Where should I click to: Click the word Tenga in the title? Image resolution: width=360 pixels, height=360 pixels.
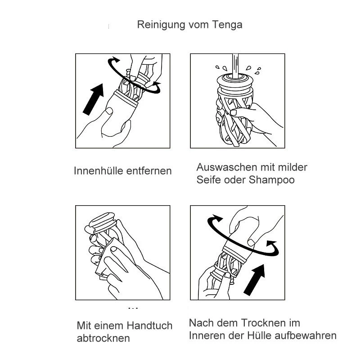(x=227, y=25)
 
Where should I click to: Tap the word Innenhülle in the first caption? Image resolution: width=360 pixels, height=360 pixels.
(x=99, y=171)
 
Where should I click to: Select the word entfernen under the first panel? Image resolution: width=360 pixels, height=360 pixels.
(x=149, y=171)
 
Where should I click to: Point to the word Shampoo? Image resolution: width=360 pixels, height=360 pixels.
(x=272, y=180)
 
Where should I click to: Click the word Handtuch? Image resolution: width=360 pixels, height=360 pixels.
(x=149, y=325)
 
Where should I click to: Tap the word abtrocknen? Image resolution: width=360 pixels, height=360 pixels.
(x=103, y=338)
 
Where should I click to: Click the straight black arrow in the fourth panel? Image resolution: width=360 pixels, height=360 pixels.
(x=254, y=280)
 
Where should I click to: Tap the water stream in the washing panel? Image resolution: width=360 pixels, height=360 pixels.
(x=235, y=66)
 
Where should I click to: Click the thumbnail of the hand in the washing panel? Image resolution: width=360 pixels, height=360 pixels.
(x=234, y=112)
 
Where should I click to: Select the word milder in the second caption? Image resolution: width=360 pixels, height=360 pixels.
(x=292, y=167)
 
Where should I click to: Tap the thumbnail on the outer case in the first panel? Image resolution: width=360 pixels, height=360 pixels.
(x=109, y=111)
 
